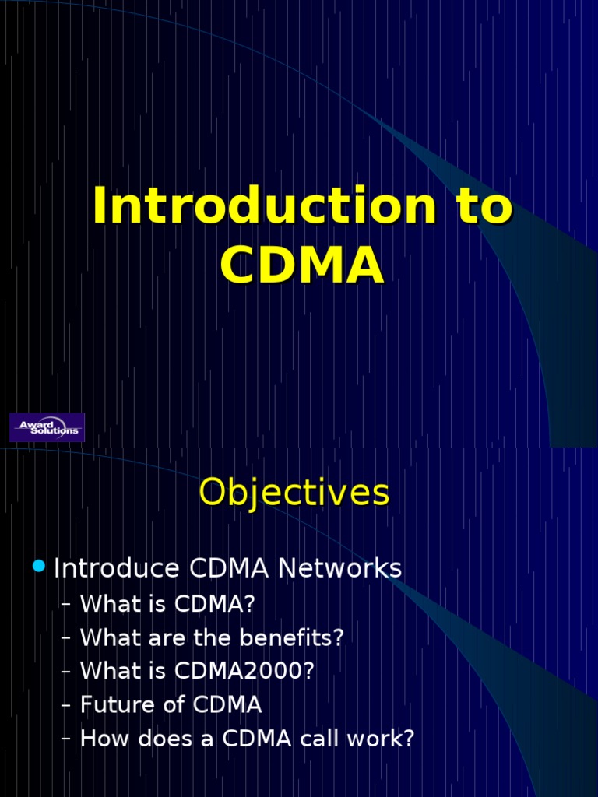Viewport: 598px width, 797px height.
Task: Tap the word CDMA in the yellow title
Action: tap(301, 266)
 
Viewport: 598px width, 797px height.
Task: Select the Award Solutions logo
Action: tap(47, 427)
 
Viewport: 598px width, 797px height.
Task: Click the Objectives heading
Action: tap(294, 493)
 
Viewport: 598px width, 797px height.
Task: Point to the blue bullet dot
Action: tap(40, 567)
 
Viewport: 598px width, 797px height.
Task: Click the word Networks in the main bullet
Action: tap(340, 569)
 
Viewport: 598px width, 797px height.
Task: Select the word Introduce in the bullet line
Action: tap(117, 569)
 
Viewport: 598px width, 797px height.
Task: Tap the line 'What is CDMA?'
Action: tap(167, 604)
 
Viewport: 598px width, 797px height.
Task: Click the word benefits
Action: tap(301, 637)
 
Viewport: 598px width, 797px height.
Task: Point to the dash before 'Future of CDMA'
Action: tap(65, 705)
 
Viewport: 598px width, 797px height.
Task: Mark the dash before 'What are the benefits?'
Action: tap(65, 637)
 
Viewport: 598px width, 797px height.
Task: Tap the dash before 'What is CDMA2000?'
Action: tap(65, 671)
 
